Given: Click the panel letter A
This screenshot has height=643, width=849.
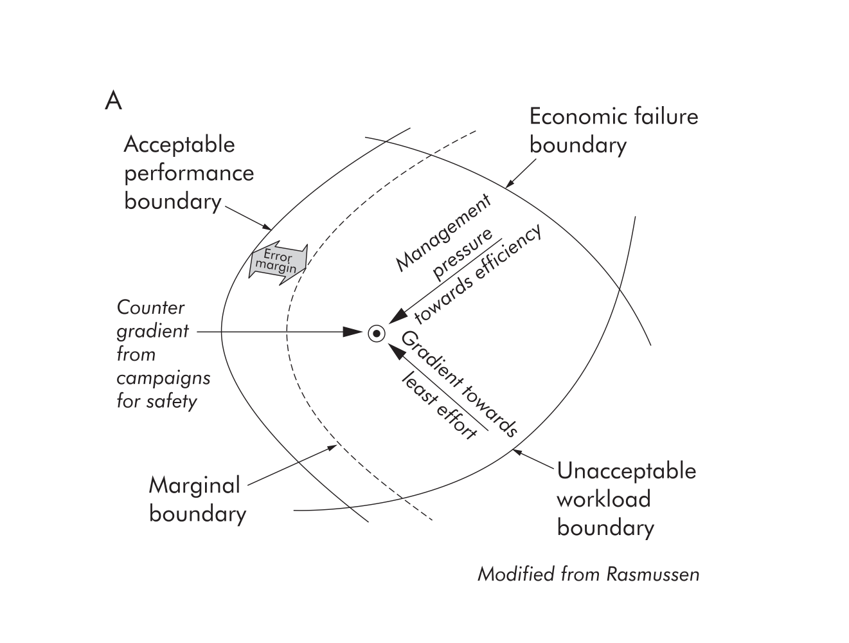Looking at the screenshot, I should [x=113, y=101].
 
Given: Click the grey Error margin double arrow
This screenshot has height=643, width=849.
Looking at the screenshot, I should [x=278, y=261].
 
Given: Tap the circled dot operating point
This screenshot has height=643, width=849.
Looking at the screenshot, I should [x=377, y=334].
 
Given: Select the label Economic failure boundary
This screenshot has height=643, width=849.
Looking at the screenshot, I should [x=612, y=131].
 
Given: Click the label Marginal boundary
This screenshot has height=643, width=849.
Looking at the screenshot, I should [x=197, y=500].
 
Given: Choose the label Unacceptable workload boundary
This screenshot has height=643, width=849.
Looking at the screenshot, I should [x=626, y=499].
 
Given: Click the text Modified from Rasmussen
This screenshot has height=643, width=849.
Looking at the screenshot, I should [x=588, y=574].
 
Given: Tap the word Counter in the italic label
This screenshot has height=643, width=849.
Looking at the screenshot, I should [x=150, y=307].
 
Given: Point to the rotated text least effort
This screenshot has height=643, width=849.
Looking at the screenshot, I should [x=440, y=405].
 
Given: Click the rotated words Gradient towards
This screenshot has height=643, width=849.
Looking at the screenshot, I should [x=459, y=384].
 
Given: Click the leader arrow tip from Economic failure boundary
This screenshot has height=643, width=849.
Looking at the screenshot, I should [x=507, y=186].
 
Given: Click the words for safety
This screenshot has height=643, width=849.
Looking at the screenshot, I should [x=156, y=401].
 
